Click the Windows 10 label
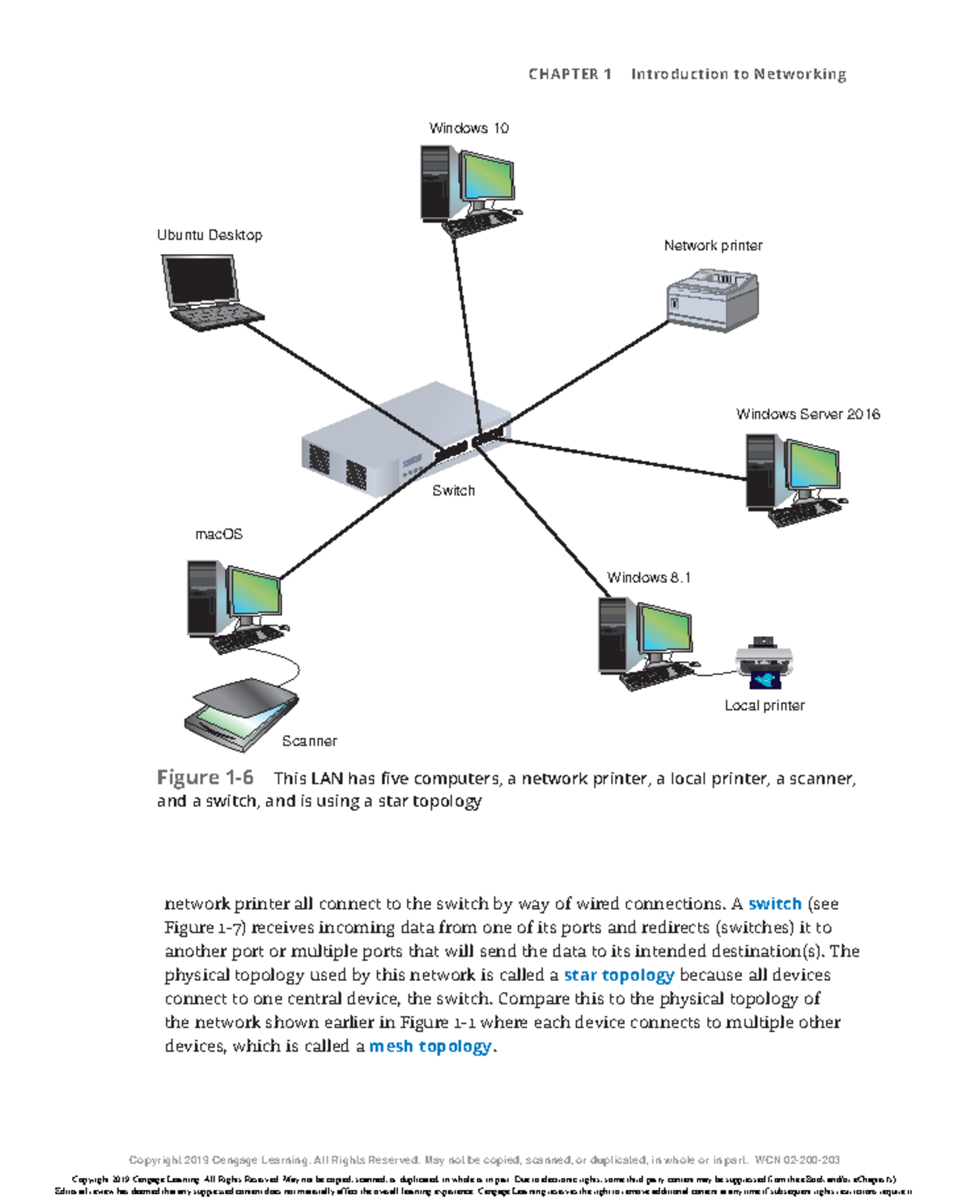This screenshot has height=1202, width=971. tap(469, 128)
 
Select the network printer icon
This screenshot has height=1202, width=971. tap(712, 300)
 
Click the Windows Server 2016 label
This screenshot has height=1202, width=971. tap(808, 414)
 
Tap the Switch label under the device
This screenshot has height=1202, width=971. tap(453, 491)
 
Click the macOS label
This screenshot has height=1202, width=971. tap(218, 534)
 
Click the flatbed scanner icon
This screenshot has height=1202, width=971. tap(241, 711)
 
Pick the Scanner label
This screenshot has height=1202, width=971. tap(309, 741)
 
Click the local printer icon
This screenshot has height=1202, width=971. tap(763, 663)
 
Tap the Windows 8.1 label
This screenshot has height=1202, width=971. tap(649, 577)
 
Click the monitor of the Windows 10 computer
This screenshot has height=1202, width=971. tap(487, 177)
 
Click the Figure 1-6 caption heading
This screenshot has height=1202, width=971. tap(205, 778)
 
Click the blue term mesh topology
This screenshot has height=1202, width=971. tap(430, 1046)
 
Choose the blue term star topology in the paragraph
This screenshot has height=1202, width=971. tap(619, 975)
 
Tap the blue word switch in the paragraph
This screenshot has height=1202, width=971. tap(774, 903)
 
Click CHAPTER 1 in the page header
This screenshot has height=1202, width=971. tap(569, 74)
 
